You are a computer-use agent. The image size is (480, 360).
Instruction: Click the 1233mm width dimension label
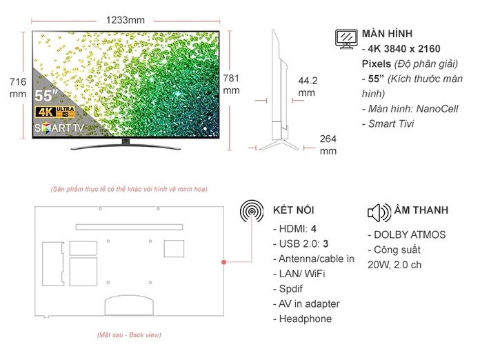126,20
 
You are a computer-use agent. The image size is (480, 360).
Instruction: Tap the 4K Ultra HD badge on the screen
55,112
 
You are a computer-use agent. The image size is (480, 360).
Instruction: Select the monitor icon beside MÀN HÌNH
346,39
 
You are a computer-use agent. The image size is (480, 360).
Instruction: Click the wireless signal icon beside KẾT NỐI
252,211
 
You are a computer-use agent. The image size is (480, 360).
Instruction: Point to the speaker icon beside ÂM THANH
379,212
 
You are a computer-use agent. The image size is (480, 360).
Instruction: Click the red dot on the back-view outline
223,262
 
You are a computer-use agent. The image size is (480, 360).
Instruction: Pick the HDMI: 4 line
294,229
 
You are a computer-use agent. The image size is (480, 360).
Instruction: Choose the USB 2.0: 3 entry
301,243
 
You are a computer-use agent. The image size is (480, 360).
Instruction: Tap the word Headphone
306,319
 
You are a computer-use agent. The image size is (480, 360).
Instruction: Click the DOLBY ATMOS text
410,234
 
